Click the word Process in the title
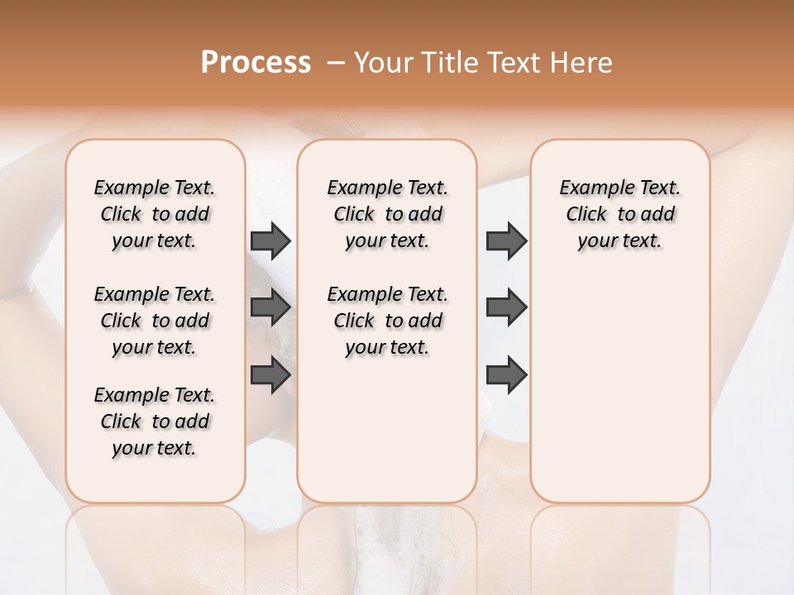pos(256,62)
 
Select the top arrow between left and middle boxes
pos(270,241)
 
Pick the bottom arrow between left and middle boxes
pos(270,375)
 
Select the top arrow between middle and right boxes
pos(506,241)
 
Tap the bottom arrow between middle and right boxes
pos(506,375)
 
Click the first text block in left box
pos(155,214)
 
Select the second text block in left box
pos(155,321)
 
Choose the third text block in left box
pos(155,421)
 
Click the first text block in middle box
pos(387,214)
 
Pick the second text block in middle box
pos(387,321)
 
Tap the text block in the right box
pos(619,214)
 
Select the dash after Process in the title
pos(335,62)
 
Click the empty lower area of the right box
pos(619,397)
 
